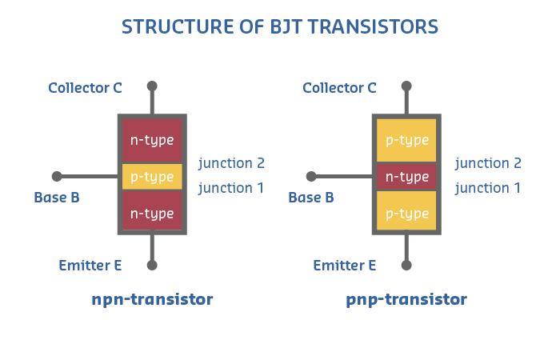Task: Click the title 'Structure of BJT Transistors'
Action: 280,26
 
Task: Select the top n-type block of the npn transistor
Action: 152,140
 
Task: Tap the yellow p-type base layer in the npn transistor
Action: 152,177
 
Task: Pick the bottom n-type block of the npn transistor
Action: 152,213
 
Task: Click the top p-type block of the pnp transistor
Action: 406,140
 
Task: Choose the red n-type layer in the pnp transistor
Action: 406,177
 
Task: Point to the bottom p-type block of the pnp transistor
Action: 406,213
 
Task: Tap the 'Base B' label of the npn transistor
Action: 56,197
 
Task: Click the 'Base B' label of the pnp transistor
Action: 310,197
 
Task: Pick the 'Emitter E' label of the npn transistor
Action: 90,265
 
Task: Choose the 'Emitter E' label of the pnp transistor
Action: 344,265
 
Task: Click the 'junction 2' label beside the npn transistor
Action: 231,163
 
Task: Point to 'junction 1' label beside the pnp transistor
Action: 488,188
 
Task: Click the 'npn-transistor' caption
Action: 152,300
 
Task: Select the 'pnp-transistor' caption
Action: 406,300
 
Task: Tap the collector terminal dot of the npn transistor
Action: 152,86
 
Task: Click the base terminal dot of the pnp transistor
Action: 311,176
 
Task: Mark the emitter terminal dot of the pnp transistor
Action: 406,265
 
